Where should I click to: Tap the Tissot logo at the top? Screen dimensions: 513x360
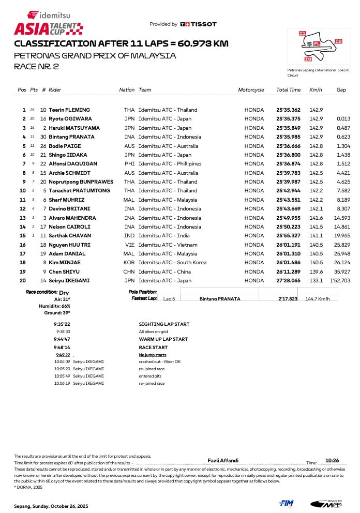(199, 24)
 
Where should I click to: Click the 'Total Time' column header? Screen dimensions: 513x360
(288, 90)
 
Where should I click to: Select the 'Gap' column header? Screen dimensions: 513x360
(341, 90)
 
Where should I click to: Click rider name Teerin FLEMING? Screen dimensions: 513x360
(69, 110)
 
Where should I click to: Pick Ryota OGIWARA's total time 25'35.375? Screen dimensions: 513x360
(288, 119)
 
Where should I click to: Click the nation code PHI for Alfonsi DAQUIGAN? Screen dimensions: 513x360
(129, 164)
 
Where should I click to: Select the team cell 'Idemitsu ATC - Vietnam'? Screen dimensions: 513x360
(168, 245)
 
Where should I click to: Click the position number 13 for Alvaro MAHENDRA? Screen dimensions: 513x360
(22, 218)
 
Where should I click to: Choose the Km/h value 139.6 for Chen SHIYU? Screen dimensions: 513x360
(316, 271)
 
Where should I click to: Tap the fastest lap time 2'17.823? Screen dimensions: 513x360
(288, 299)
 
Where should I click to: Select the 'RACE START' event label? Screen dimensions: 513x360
(153, 348)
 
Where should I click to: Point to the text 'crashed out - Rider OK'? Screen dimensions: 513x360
(160, 361)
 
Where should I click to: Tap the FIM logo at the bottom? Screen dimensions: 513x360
(286, 503)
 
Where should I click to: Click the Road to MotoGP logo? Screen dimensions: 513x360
(326, 503)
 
